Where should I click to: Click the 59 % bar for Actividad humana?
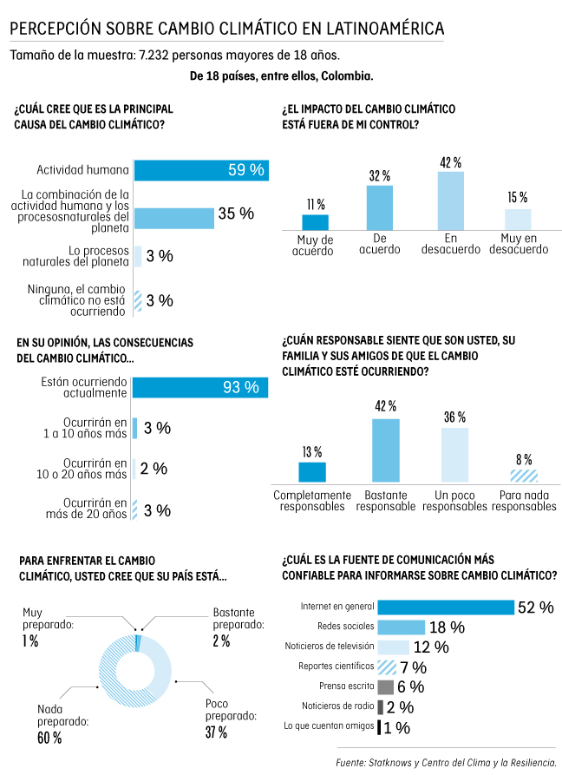coord(199,170)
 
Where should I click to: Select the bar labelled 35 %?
coord(173,218)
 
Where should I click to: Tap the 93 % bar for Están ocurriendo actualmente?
coord(199,387)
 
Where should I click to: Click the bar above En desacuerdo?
coord(450,200)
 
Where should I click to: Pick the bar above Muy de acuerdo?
coord(315,221)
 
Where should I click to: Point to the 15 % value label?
coord(518,198)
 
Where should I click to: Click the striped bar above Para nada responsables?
coord(523,476)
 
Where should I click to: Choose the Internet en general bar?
coord(446,608)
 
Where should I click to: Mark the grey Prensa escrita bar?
coord(386,686)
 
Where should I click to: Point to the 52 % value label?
coord(535,608)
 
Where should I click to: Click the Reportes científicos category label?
coord(336,667)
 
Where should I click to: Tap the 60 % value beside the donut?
coord(49,738)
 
